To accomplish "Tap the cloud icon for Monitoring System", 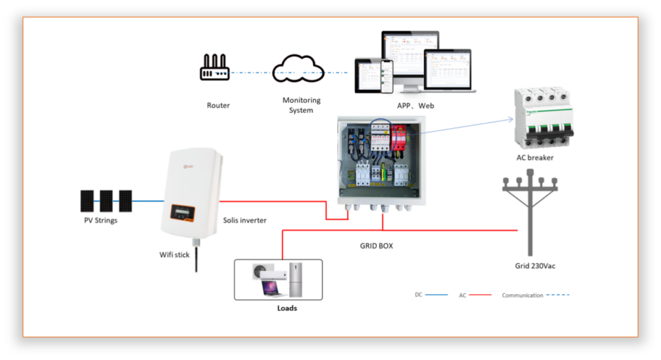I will pos(298,70).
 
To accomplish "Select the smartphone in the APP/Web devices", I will pos(387,76).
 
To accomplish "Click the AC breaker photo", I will pos(543,117).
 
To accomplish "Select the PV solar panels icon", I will pos(107,201).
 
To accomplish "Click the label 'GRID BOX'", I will pos(376,246).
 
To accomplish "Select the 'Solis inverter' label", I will pos(244,221).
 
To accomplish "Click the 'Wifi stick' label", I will pos(174,255).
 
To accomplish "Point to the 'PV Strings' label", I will pos(101,221).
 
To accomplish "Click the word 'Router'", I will pos(218,105).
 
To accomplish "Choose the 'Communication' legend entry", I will pos(522,295).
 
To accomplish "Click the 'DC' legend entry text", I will pos(418,295).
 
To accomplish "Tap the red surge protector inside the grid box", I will pos(400,137).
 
